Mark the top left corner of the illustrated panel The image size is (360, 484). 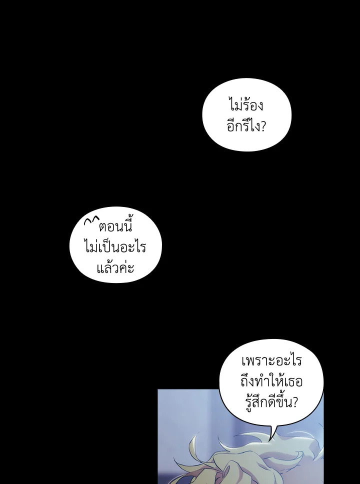(158, 389)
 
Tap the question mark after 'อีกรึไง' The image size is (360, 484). (262, 126)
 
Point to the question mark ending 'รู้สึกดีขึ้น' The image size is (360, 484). (294, 402)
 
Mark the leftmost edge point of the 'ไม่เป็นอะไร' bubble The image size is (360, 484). (70, 245)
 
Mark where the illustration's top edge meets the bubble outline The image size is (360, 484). (219, 389)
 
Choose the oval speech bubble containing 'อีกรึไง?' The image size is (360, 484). (246, 114)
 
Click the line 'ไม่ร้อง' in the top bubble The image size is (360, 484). (246, 104)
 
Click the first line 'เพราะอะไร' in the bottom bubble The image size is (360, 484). (271, 360)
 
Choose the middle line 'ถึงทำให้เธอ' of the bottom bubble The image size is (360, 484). (271, 381)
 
